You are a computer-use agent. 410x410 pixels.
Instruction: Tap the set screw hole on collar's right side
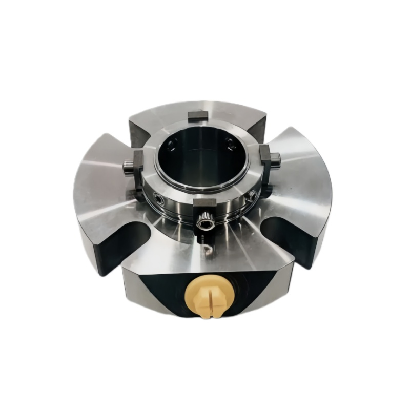(x=251, y=195)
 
